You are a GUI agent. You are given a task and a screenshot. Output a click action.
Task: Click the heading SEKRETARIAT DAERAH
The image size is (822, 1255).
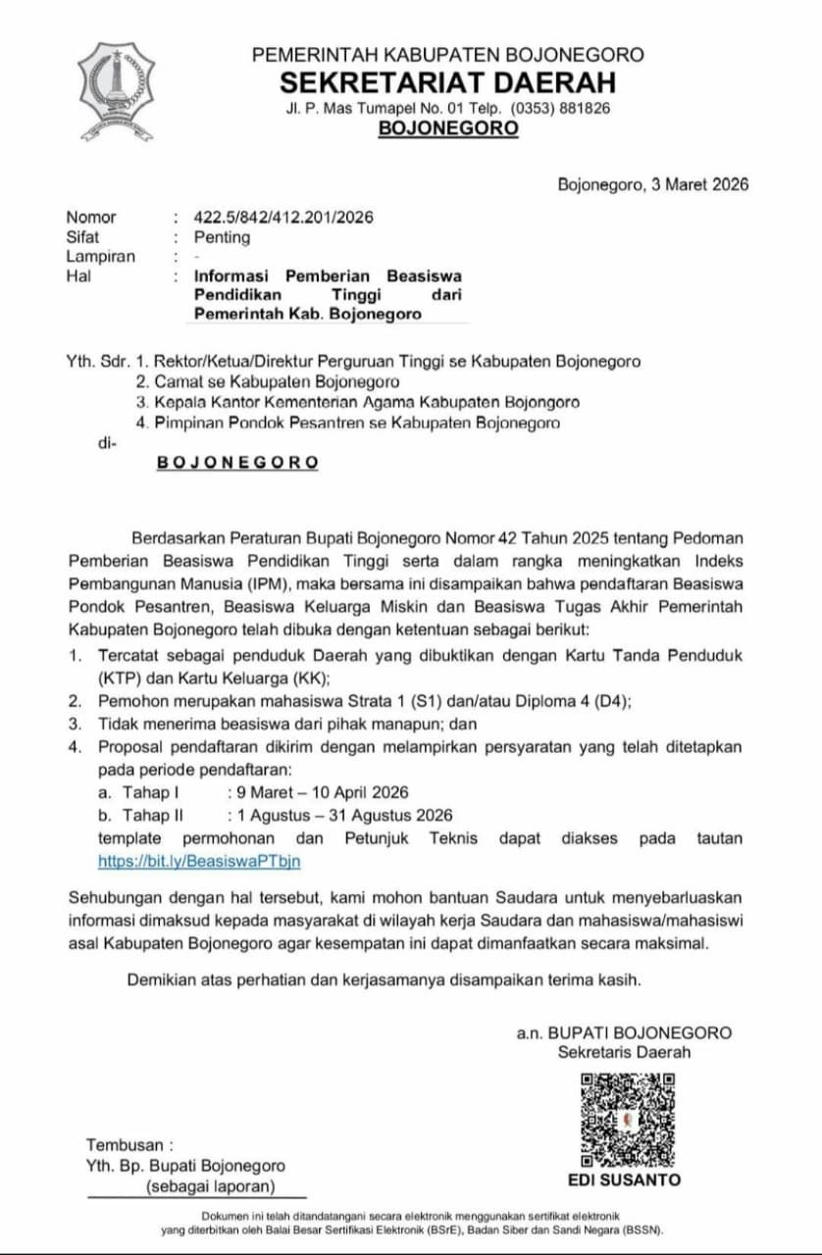point(447,81)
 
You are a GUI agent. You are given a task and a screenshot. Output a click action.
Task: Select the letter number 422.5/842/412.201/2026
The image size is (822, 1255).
point(283,218)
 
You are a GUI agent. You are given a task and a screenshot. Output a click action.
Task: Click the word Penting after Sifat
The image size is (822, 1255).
point(222,237)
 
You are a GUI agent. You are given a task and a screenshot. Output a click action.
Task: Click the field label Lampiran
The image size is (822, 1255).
point(101,257)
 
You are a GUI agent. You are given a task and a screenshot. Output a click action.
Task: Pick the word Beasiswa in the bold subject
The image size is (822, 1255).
point(424,276)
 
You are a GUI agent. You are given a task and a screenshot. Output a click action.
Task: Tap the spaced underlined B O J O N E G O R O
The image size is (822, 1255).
point(237,463)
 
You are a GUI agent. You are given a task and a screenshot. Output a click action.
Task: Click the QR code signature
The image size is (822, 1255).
point(627,1119)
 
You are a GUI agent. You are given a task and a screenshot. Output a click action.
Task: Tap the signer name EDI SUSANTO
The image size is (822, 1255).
point(624,1180)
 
